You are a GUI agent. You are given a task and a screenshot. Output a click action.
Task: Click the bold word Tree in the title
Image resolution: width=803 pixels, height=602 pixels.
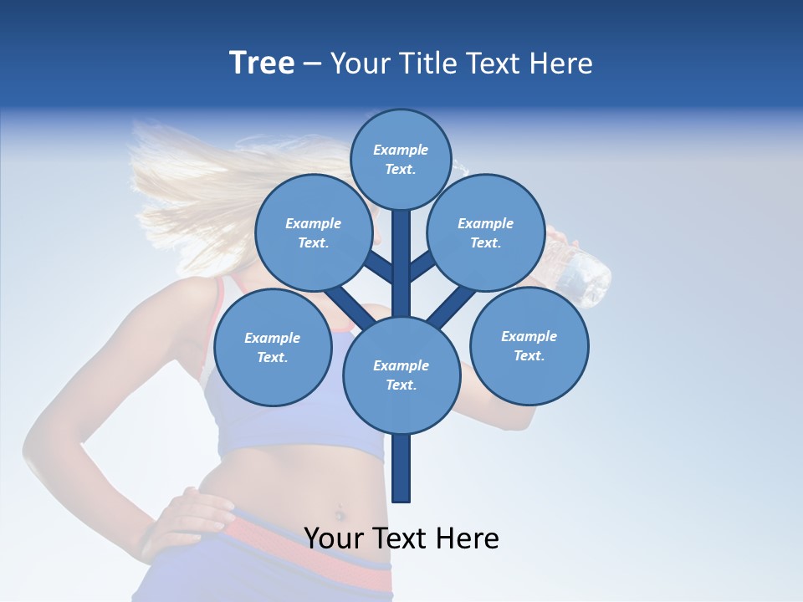pos(262,64)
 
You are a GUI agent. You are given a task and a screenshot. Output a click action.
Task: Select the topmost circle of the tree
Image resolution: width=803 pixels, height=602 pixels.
pos(401,159)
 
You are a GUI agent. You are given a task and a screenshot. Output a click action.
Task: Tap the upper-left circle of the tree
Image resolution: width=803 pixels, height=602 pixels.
pos(313,232)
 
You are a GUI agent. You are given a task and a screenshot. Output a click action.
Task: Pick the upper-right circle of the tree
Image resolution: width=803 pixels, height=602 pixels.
pos(485,232)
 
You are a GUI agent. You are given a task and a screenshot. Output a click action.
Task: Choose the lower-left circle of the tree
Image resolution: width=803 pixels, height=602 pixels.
pos(272,347)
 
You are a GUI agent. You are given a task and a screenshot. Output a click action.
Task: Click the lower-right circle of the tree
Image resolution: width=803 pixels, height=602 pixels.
pos(529,345)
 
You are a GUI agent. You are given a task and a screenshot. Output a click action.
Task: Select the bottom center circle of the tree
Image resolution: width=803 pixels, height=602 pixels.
pos(401,375)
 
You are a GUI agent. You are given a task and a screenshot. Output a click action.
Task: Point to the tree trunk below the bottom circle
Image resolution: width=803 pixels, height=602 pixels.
pos(401,468)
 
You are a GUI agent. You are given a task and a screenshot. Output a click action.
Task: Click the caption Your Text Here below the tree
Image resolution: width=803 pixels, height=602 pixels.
pos(401,538)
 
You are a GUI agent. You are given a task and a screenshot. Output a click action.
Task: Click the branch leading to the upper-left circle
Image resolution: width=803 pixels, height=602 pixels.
pos(376,266)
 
